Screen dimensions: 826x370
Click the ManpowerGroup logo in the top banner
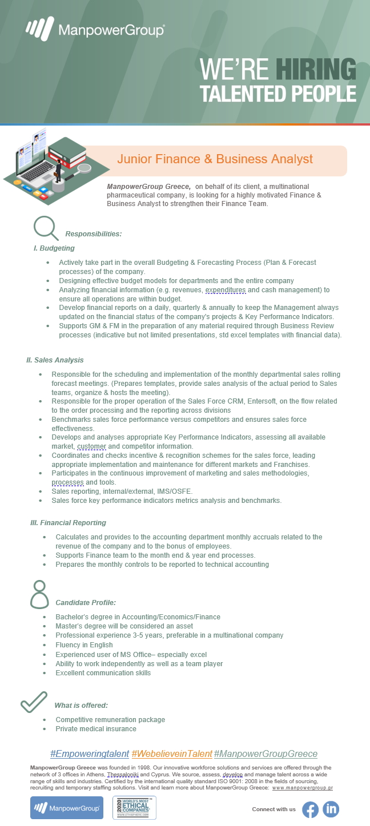95,29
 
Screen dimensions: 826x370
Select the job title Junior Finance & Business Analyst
215,159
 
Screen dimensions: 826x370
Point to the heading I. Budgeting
54,248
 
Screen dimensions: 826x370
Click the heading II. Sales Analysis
55,360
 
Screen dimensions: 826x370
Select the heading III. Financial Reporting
68,522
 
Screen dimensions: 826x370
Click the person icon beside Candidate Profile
39,594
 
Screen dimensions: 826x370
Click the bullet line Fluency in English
84,645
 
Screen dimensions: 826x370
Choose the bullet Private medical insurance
96,728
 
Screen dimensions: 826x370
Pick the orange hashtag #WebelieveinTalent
171,754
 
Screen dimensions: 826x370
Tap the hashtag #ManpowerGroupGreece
266,754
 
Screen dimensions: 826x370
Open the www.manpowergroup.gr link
302,788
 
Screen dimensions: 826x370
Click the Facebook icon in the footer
310,809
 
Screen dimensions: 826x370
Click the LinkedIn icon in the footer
331,809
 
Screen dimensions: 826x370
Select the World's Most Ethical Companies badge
134,808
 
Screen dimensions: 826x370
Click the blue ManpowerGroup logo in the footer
67,808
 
